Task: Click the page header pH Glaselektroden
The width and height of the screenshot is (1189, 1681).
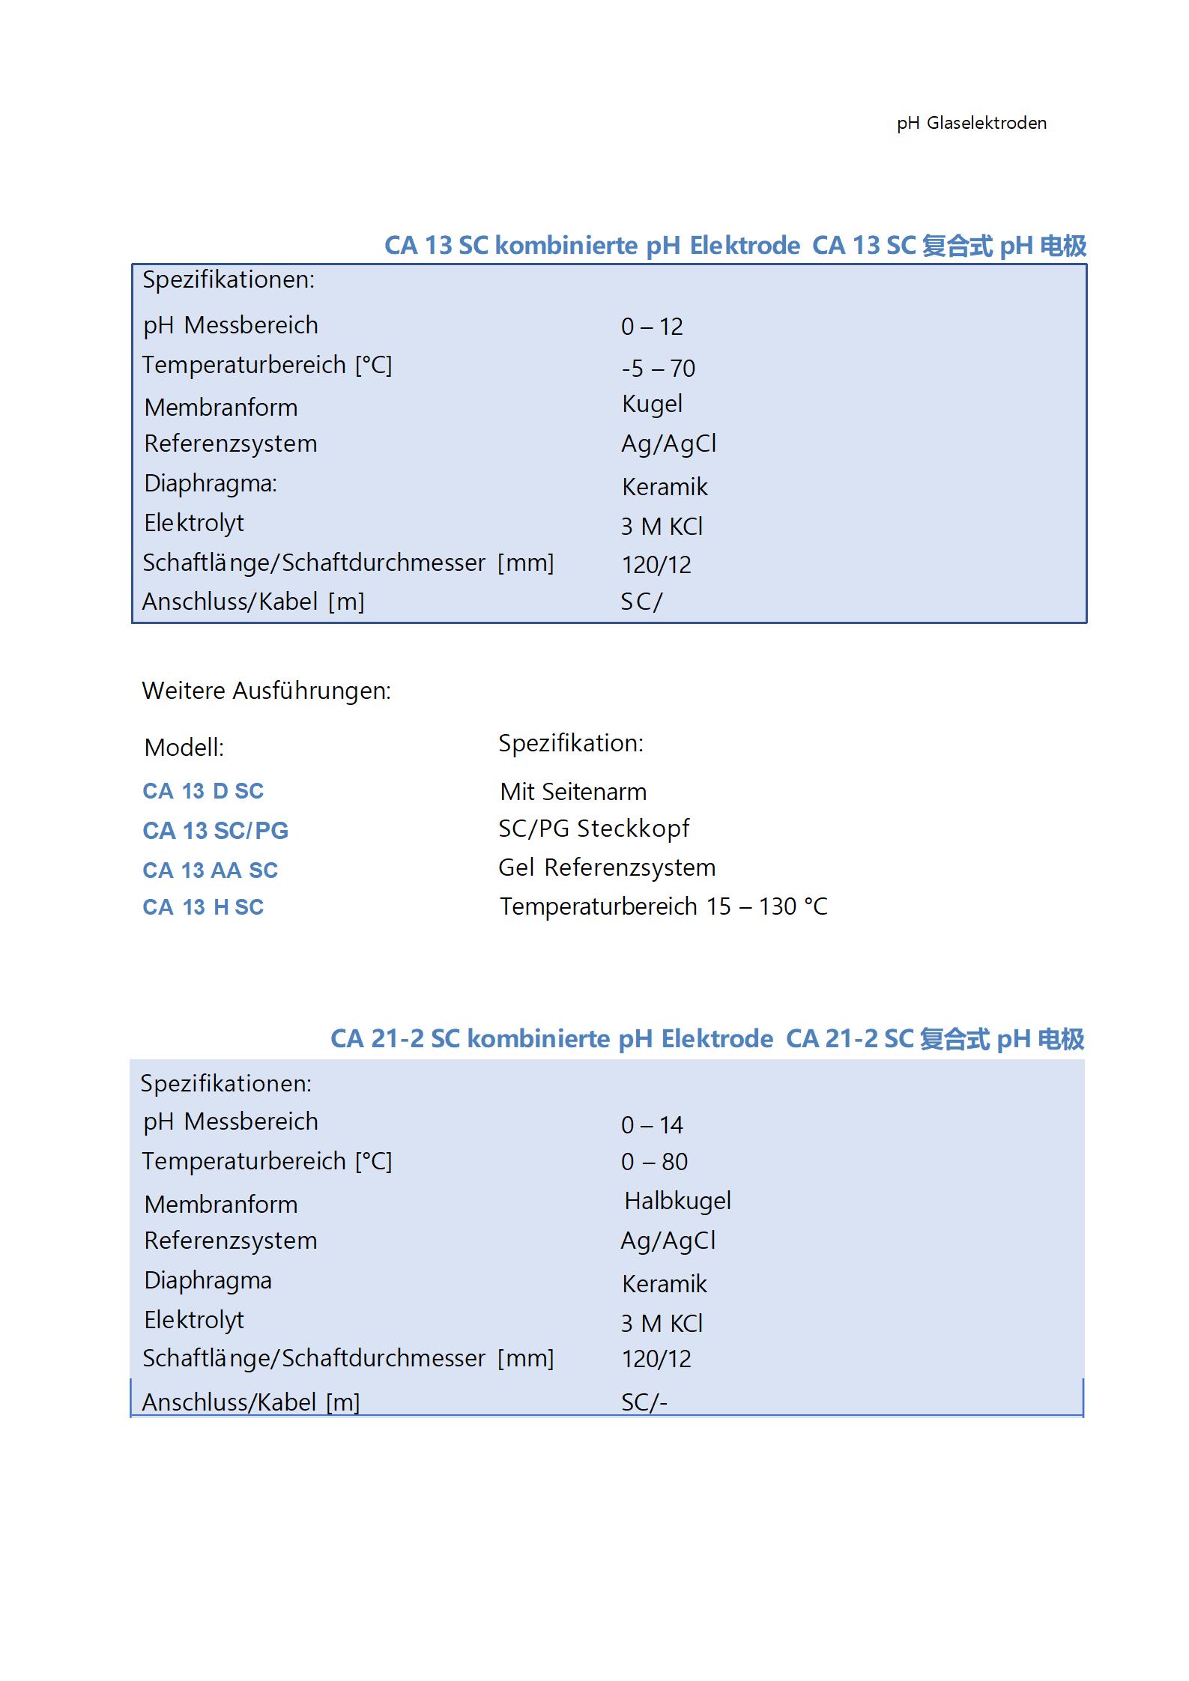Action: (971, 123)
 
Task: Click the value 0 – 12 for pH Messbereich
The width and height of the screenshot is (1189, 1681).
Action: (651, 327)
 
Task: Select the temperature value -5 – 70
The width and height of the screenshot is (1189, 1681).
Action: (658, 368)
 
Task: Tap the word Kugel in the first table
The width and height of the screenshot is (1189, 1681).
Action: (652, 404)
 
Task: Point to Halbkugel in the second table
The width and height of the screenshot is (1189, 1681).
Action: (677, 1200)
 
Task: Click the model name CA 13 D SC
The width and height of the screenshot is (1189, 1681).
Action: (203, 790)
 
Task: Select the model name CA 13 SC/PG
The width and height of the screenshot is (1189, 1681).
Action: (215, 830)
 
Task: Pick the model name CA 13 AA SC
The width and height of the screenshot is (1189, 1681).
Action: (210, 870)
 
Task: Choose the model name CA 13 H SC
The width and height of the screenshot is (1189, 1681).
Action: (203, 906)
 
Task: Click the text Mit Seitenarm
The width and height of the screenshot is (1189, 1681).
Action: (573, 791)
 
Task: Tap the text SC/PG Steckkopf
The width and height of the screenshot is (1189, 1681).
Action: (593, 828)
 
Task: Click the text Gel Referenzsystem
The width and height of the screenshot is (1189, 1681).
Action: (607, 867)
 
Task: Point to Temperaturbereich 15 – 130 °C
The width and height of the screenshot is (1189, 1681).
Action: (663, 906)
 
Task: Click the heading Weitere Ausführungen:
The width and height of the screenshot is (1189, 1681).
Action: (266, 690)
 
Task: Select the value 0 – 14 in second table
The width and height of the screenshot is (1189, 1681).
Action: (651, 1124)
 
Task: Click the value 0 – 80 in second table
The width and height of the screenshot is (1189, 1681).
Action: (654, 1161)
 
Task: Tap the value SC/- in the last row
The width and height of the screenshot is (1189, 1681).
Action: (644, 1402)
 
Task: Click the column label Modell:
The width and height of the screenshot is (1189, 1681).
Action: (184, 747)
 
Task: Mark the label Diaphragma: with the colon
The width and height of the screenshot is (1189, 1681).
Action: (210, 483)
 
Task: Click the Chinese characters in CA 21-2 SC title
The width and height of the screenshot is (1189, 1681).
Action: (954, 1038)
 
